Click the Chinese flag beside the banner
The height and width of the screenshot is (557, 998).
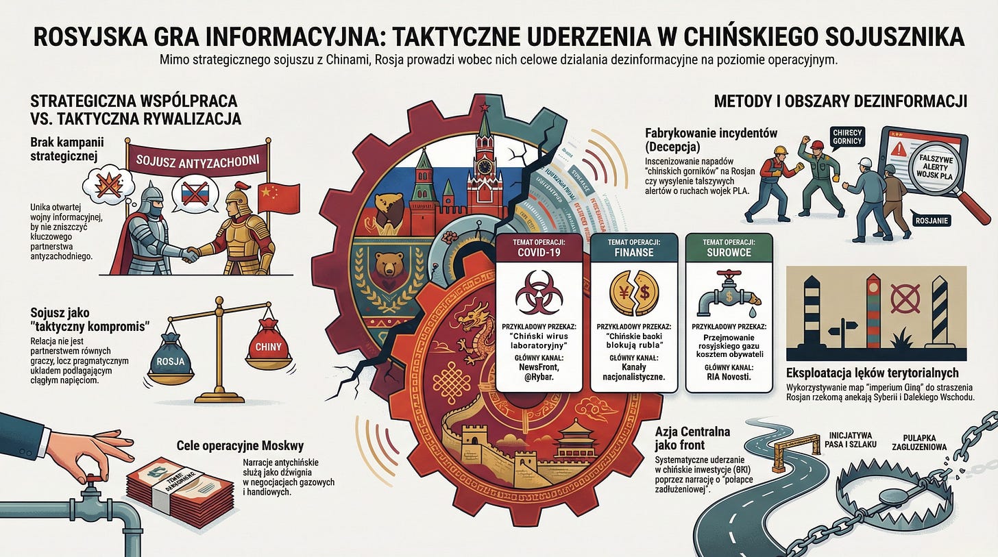(x=278, y=197)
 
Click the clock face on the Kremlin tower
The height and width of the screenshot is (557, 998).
(x=485, y=166)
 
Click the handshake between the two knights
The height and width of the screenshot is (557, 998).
(x=188, y=253)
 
